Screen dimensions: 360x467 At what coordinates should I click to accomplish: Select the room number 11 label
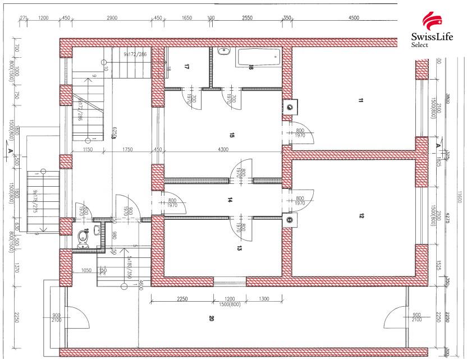pos(360,101)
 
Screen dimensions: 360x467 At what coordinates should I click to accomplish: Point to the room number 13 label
pos(239,247)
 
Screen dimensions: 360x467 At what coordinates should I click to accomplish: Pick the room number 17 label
pos(186,67)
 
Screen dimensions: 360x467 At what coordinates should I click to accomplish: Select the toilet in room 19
pos(84,238)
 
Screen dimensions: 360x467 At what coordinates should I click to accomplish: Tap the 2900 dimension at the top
pos(111,18)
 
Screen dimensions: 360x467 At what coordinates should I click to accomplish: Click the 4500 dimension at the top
pos(354,18)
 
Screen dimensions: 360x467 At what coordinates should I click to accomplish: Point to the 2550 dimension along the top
pos(247,18)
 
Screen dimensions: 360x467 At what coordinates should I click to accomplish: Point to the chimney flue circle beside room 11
pos(290,106)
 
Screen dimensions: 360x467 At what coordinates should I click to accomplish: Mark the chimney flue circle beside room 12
pos(290,220)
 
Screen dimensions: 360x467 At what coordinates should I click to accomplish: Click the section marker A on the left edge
pos(11,150)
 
